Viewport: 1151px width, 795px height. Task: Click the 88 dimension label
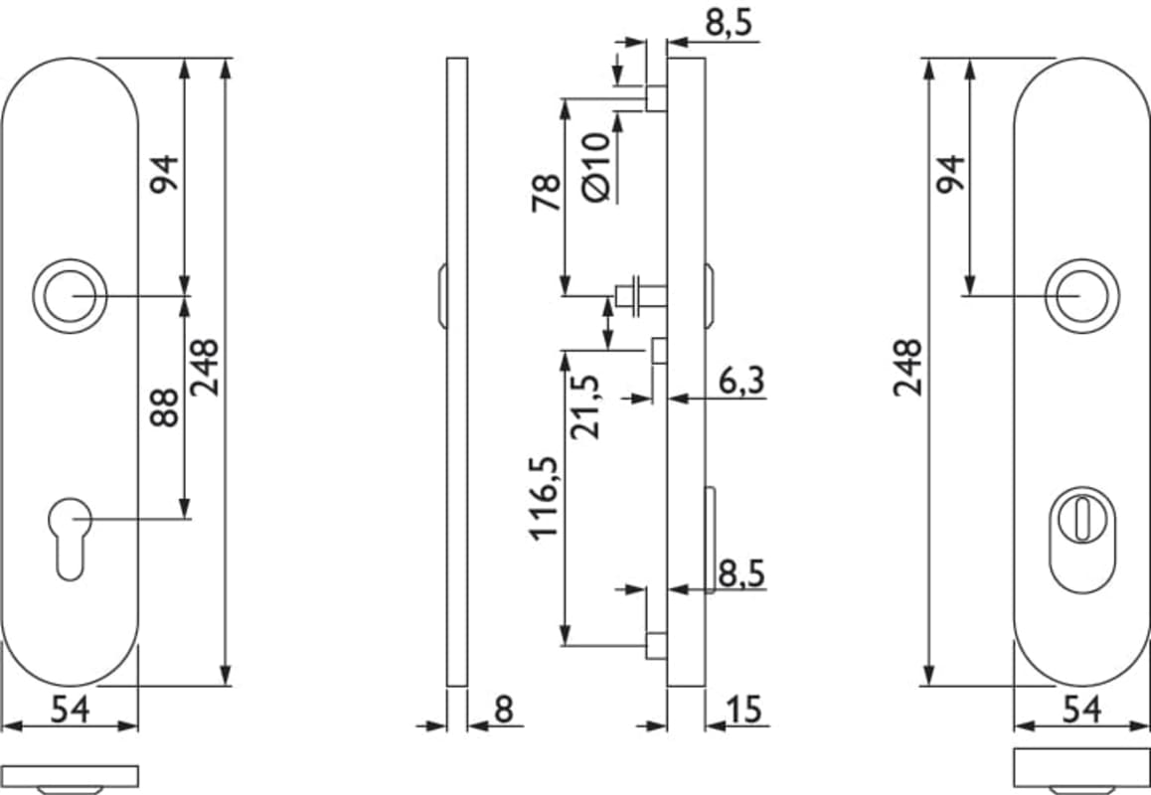tap(164, 408)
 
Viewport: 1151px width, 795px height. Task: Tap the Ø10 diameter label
tap(596, 167)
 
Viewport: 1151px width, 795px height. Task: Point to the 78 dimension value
tap(546, 193)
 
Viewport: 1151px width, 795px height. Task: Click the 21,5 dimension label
tap(585, 406)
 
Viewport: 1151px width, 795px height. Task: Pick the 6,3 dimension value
tap(741, 381)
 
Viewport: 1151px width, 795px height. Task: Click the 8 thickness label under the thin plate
tap(504, 710)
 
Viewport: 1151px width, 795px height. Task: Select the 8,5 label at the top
tap(729, 23)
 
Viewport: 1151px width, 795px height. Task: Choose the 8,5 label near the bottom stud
tap(741, 573)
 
